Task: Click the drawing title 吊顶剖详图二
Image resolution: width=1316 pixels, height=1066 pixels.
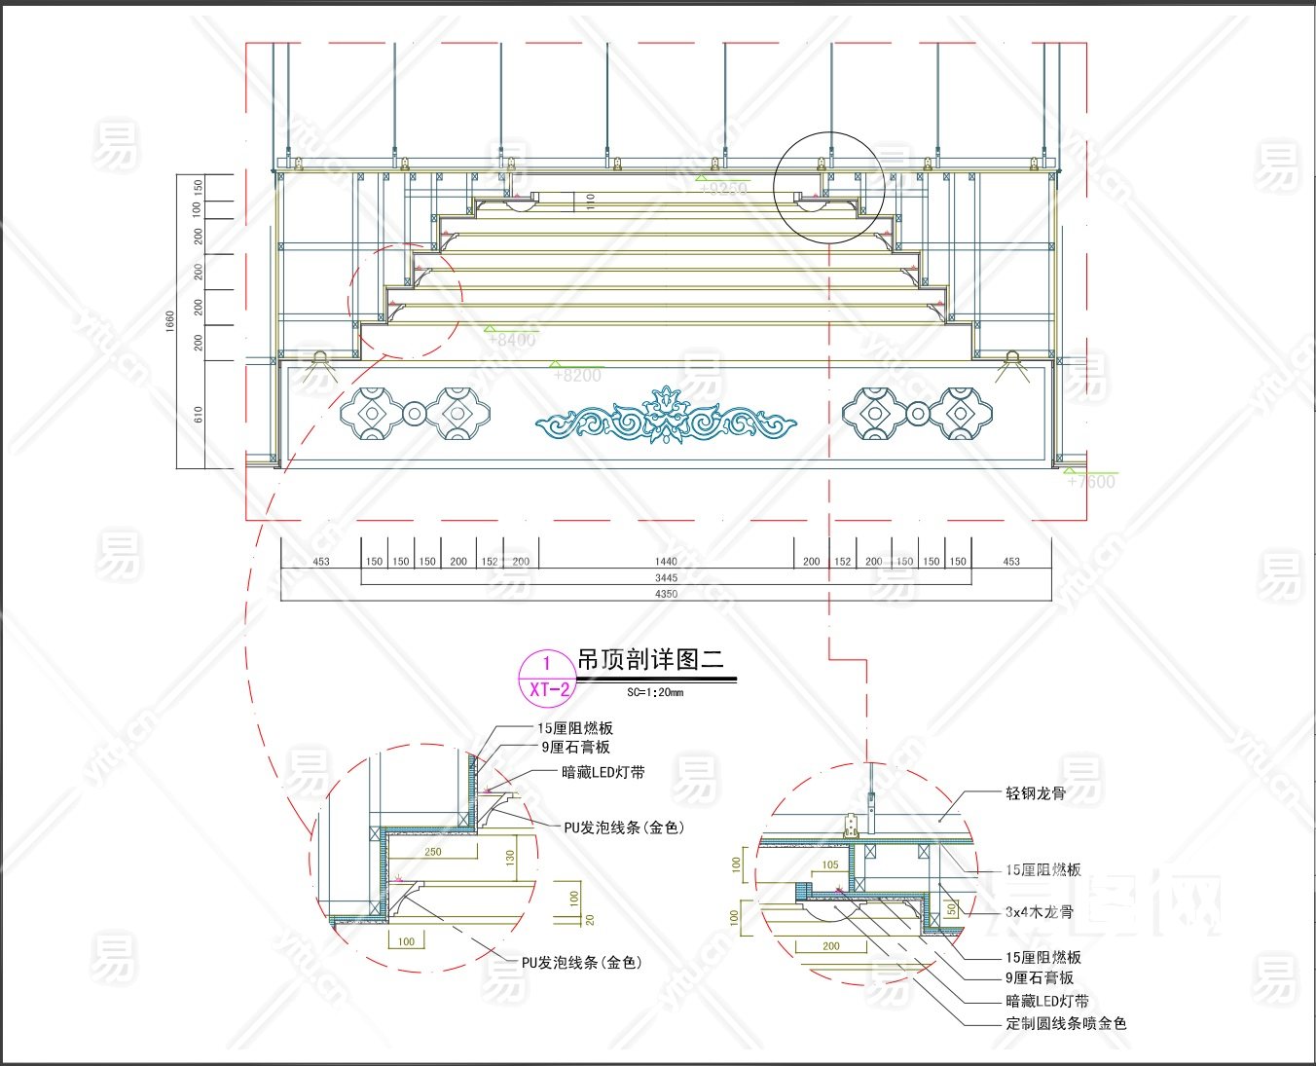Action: point(650,660)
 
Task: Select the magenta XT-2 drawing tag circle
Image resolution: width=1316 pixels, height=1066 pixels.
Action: point(547,678)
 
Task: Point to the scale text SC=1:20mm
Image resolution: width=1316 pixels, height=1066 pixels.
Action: point(655,693)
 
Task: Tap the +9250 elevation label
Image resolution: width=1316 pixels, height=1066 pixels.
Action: point(723,189)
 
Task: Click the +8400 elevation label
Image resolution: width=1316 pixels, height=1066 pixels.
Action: point(512,340)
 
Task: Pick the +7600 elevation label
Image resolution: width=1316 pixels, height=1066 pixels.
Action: point(1091,482)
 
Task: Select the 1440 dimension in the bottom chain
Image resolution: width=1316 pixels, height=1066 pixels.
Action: point(666,562)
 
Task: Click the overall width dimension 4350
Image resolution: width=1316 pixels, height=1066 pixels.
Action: point(666,594)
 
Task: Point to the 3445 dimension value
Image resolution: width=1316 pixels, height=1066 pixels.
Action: point(666,578)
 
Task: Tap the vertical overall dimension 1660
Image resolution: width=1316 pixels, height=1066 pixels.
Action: point(170,321)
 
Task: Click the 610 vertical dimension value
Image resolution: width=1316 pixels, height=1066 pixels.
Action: point(199,415)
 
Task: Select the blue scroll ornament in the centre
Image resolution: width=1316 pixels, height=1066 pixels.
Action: point(666,419)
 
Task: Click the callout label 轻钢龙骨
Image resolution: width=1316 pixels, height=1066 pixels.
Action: point(1036,793)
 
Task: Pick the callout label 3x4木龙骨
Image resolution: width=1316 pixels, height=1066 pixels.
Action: point(1040,912)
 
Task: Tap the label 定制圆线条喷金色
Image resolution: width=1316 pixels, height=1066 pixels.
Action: point(1066,1023)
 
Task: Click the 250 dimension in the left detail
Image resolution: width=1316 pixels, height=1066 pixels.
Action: point(433,852)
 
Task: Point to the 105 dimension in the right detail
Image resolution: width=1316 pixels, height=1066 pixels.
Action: point(830,864)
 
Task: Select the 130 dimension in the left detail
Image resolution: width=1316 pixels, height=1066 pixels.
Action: point(510,857)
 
